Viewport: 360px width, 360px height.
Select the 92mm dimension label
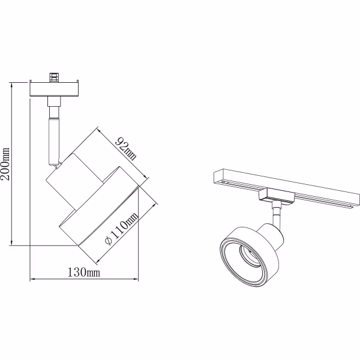[x=127, y=148]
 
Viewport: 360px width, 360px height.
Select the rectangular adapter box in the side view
[x=55, y=89]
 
